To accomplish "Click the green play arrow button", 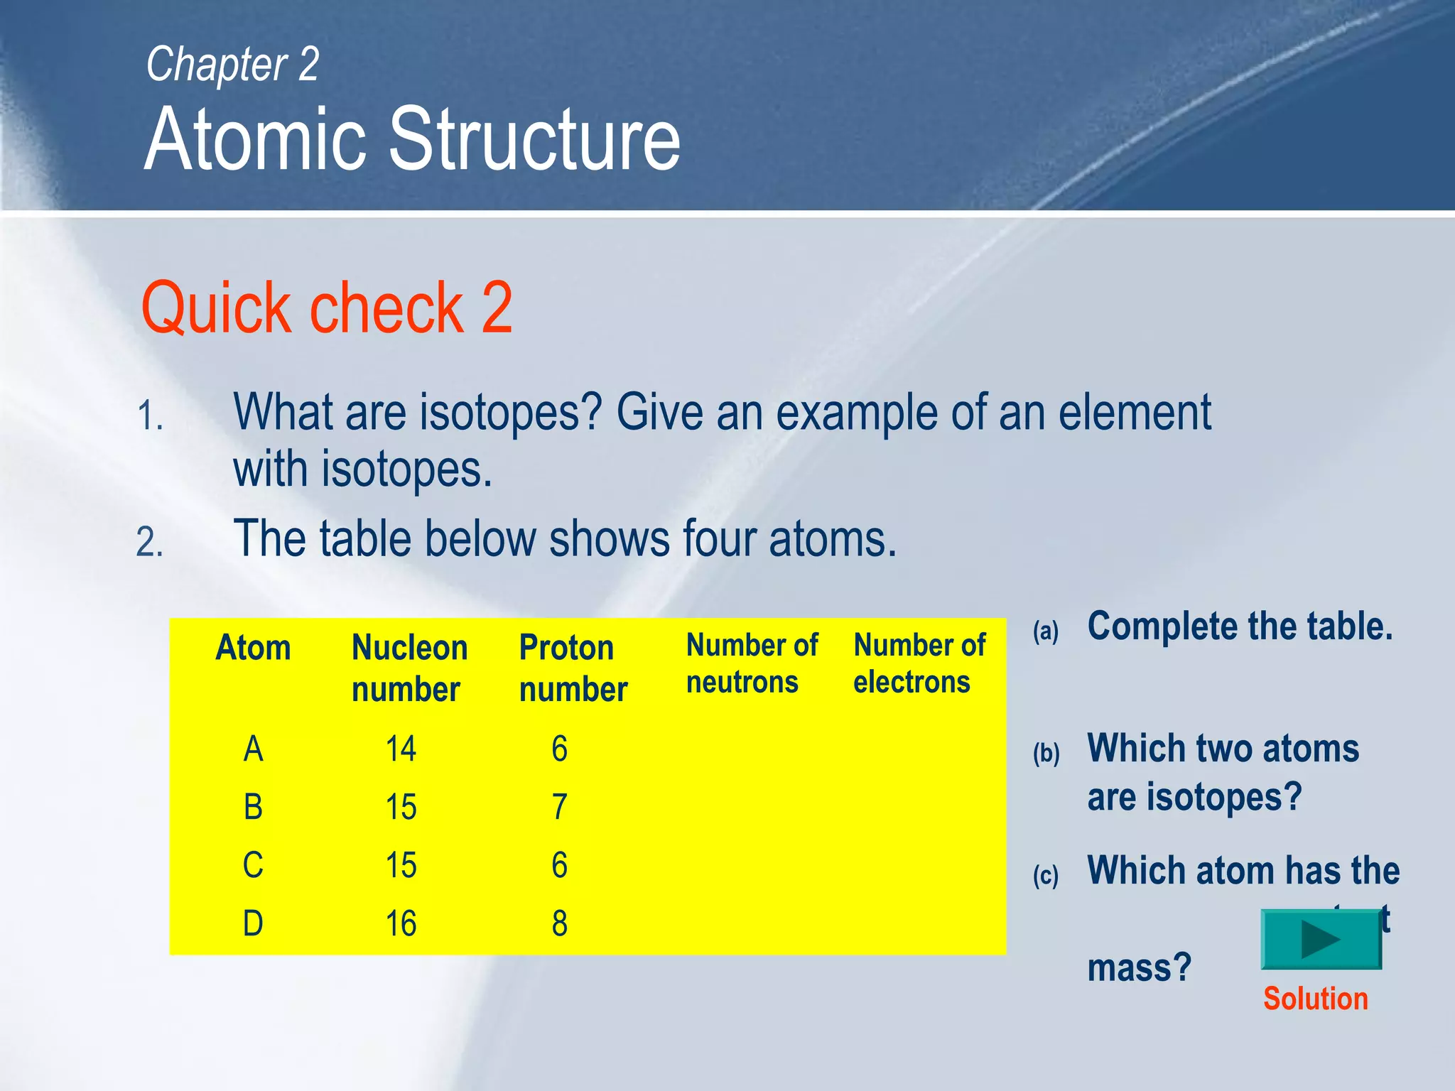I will click(1321, 939).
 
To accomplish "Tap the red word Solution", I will click(1315, 999).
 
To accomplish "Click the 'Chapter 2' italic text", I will click(232, 65).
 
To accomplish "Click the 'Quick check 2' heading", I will click(327, 308).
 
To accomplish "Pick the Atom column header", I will click(253, 648).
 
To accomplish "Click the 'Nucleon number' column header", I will click(409, 668).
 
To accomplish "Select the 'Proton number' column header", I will click(573, 668).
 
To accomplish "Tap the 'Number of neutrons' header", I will click(752, 663).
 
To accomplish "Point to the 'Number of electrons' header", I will click(919, 663).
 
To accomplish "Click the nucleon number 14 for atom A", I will click(401, 749).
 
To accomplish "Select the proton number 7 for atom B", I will click(559, 808).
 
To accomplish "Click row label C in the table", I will click(253, 866).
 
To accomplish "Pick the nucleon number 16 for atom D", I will click(401, 924).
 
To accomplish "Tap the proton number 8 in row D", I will click(559, 924).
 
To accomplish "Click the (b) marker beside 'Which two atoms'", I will click(1046, 753).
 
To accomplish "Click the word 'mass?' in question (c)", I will click(1139, 968).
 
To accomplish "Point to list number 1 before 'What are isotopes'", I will click(150, 416).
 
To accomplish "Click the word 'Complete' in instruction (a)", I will click(1162, 626).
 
